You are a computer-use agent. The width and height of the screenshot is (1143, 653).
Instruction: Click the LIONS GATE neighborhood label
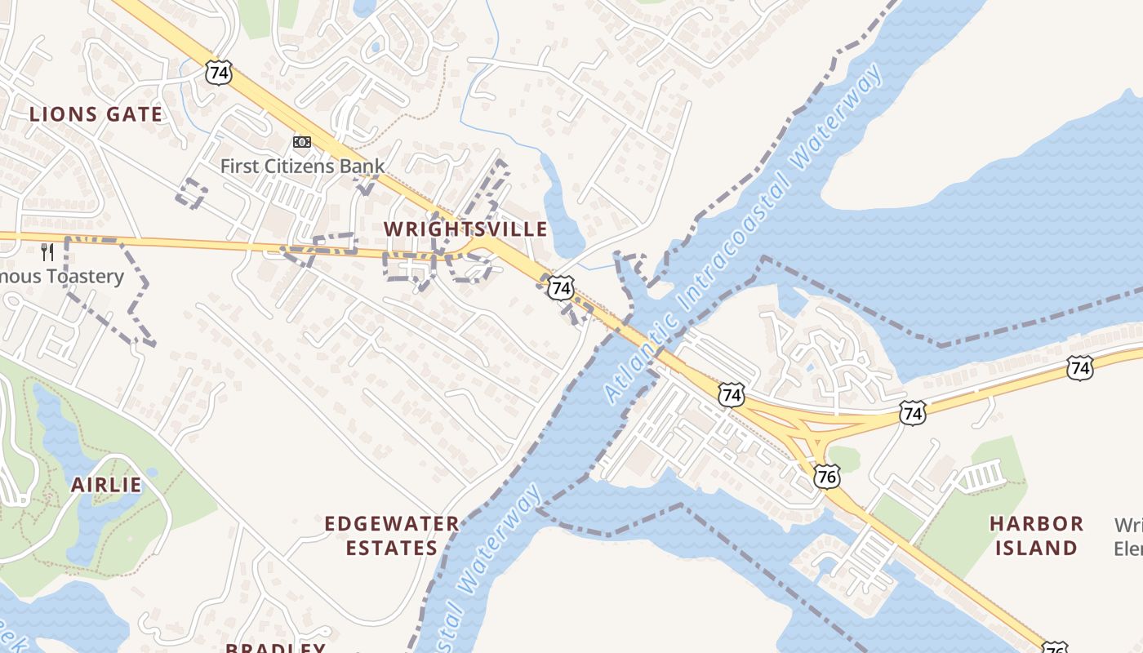coord(96,114)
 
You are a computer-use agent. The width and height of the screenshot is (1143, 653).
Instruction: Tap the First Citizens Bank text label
coord(302,166)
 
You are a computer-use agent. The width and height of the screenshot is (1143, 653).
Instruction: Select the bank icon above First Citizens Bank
coord(302,142)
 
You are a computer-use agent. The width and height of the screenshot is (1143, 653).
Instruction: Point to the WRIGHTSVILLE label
coord(465,229)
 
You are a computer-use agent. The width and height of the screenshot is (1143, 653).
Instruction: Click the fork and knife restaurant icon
coord(47,252)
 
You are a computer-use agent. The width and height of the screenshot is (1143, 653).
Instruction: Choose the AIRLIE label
coord(106,485)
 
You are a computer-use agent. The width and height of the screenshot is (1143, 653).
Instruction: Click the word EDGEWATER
coord(392,523)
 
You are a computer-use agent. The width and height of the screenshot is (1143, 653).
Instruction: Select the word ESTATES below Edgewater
coord(392,548)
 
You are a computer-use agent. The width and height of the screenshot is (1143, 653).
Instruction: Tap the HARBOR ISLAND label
coord(1037,535)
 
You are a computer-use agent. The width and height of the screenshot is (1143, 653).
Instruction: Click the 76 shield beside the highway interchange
coord(827,476)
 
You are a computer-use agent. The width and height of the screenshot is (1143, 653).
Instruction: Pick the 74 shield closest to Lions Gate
coord(219,73)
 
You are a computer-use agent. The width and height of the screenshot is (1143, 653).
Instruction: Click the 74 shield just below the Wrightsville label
coord(560,287)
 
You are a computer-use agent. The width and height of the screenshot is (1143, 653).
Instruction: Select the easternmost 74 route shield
coord(1079,368)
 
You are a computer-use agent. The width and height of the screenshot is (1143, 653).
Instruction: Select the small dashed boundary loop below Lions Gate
coord(192,193)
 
